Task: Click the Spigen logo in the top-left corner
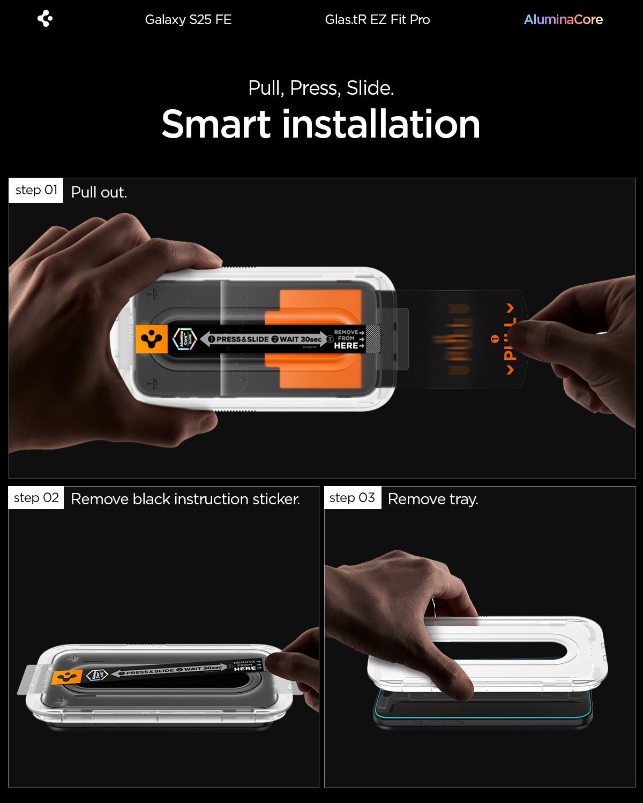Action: tap(45, 19)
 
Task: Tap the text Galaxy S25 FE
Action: tap(188, 20)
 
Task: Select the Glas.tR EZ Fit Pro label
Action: tap(377, 20)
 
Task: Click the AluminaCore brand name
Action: tap(563, 20)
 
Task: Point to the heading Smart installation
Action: tap(320, 124)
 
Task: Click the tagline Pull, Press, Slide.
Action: tap(321, 88)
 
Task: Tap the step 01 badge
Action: tap(36, 190)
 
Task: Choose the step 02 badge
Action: tap(36, 498)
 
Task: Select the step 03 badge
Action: tap(352, 498)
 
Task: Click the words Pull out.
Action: tap(99, 193)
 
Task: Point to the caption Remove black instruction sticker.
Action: tap(185, 499)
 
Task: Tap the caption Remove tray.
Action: tap(433, 499)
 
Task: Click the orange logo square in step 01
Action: tap(152, 339)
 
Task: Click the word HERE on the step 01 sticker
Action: tap(346, 346)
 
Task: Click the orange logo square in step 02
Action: tap(67, 677)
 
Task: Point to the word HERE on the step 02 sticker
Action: tap(245, 668)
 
